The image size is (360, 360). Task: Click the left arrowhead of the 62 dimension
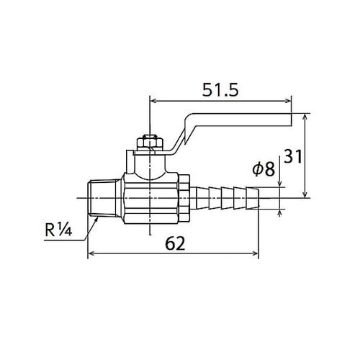tap(91, 253)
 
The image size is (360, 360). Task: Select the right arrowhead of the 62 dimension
tap(256, 253)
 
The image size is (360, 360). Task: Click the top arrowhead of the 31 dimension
tap(306, 116)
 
